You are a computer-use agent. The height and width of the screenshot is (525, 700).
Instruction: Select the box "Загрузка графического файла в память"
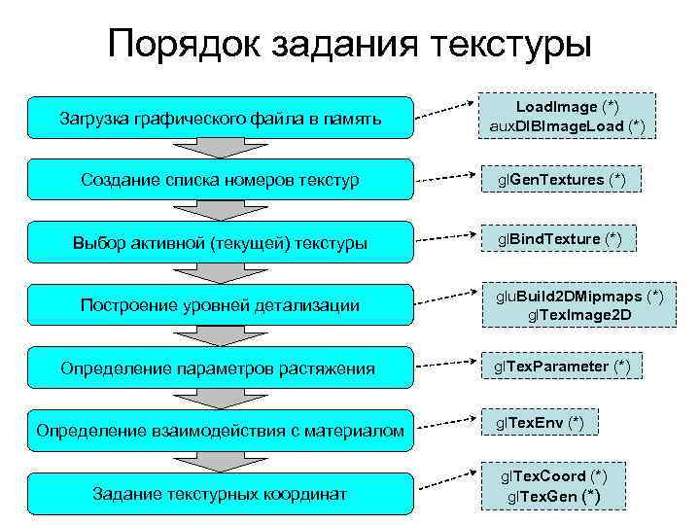pos(220,119)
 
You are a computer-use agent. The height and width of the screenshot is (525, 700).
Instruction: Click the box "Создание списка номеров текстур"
pos(220,180)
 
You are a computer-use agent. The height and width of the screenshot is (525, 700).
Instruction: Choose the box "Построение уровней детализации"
pos(220,305)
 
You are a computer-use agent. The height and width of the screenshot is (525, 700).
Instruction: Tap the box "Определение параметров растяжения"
pos(220,368)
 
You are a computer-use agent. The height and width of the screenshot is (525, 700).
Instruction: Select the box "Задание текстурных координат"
pos(220,494)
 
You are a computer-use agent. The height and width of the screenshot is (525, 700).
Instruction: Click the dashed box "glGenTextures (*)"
pos(561,180)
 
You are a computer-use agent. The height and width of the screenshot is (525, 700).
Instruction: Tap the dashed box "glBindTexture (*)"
pos(559,239)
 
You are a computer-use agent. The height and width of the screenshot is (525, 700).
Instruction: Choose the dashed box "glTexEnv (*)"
pos(541,422)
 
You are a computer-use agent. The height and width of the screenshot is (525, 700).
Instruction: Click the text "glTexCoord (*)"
pos(553,476)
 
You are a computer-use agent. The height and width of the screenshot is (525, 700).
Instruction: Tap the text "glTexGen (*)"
pos(553,497)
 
